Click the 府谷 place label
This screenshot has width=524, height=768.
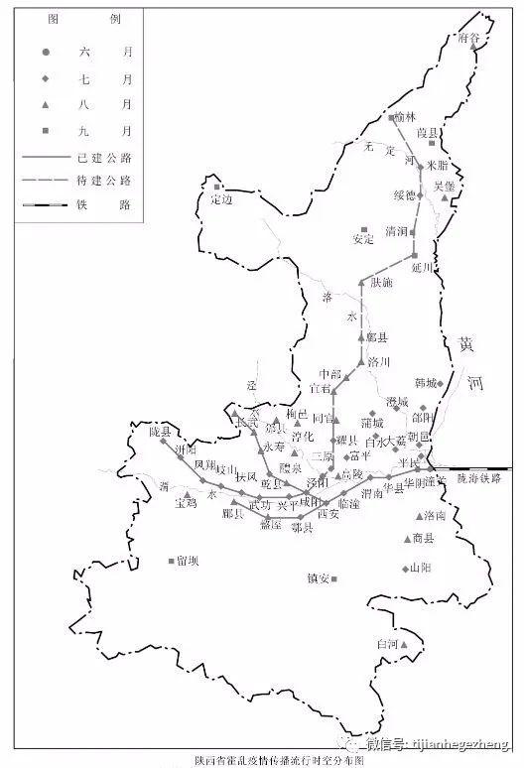point(468,37)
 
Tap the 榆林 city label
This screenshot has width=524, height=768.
point(404,117)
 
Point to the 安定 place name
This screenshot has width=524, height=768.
point(363,238)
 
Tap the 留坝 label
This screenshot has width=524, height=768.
point(188,562)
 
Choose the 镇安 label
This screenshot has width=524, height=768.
point(319,577)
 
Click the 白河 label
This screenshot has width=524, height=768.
point(387,644)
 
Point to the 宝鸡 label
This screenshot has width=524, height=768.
point(186,505)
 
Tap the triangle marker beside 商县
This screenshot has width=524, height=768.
point(406,539)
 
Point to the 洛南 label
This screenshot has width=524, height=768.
point(435,516)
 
